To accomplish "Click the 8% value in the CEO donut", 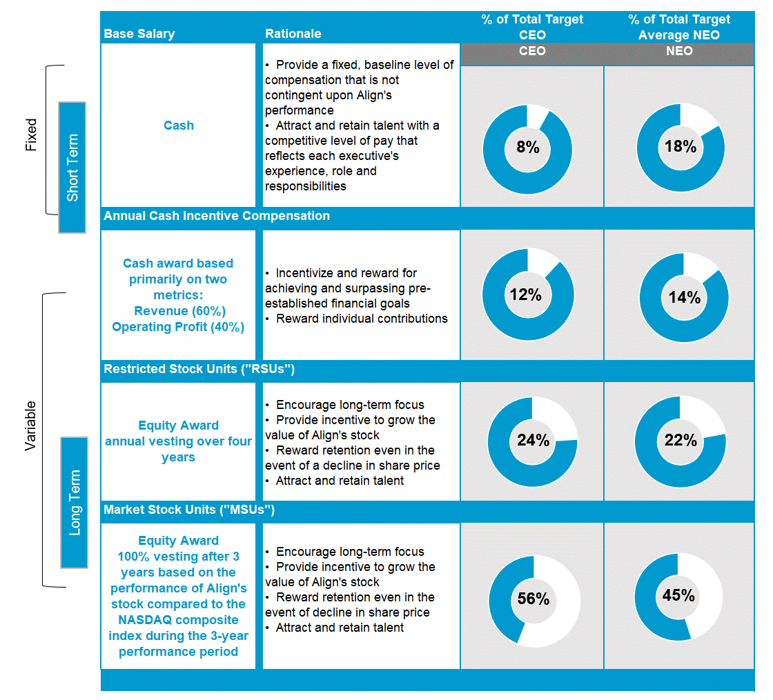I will click(x=527, y=148).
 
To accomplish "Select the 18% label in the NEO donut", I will click(x=681, y=147).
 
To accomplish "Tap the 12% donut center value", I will click(x=525, y=295).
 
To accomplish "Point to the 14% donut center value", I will click(x=684, y=297).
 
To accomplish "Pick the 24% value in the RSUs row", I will click(x=533, y=440).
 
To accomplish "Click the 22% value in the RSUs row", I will click(x=681, y=440).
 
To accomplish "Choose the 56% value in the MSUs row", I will click(x=534, y=599).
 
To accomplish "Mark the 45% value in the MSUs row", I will click(x=678, y=594).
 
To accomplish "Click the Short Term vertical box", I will click(x=72, y=168).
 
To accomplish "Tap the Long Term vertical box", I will click(x=75, y=502).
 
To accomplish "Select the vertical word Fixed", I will click(x=31, y=135).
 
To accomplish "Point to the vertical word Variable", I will click(x=30, y=426).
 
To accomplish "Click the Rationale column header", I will click(x=293, y=34).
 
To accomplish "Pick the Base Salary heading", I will click(x=139, y=34).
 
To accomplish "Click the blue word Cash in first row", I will click(x=179, y=126).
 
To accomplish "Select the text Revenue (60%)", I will click(x=179, y=311).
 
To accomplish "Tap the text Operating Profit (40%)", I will click(x=178, y=327).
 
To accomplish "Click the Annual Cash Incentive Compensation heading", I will click(x=217, y=216).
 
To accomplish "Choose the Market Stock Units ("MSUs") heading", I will click(x=189, y=510).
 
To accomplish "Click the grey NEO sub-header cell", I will click(x=679, y=52).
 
